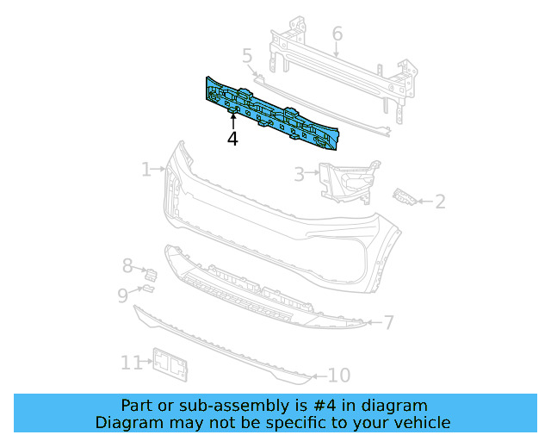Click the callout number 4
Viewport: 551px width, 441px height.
click(x=232, y=139)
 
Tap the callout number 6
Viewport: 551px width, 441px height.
click(x=337, y=34)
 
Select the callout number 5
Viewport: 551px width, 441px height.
click(x=247, y=56)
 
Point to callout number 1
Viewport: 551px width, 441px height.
click(x=146, y=169)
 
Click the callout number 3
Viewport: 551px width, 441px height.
click(x=299, y=175)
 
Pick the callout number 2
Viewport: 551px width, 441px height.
click(x=440, y=202)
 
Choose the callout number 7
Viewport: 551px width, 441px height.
click(x=388, y=323)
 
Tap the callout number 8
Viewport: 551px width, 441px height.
click(x=127, y=266)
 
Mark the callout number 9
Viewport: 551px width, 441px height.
click(x=123, y=295)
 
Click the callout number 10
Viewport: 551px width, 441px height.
click(x=339, y=376)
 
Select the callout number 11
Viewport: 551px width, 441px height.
click(x=130, y=363)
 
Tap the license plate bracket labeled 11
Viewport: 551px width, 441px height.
click(x=170, y=366)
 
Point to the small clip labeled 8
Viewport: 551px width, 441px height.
click(x=152, y=275)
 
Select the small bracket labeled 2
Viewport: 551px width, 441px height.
click(x=405, y=197)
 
